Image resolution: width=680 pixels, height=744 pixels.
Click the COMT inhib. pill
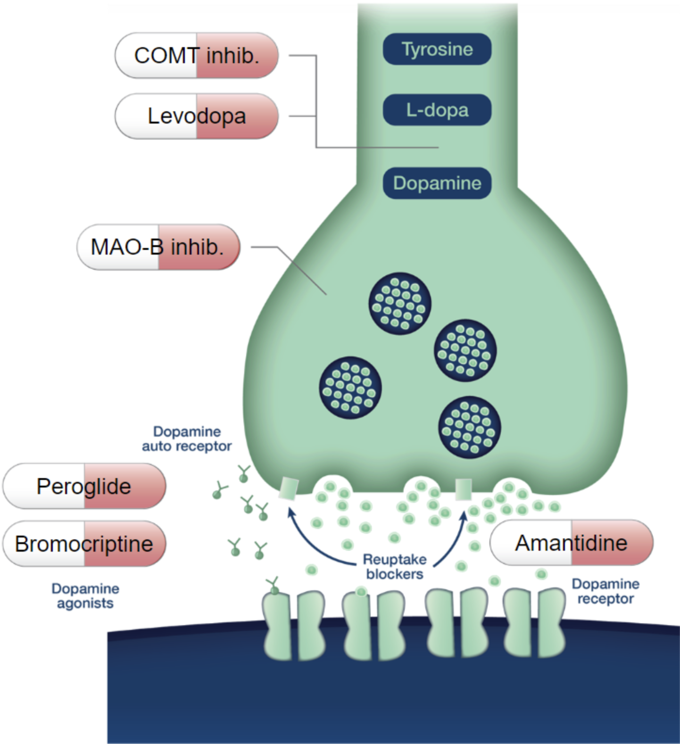pyautogui.click(x=197, y=56)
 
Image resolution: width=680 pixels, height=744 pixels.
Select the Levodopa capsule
pyautogui.click(x=197, y=116)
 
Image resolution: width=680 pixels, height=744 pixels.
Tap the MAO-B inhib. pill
pyautogui.click(x=158, y=247)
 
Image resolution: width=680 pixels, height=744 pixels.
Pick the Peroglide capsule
pyautogui.click(x=84, y=486)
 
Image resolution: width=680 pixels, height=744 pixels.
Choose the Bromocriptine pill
pyautogui.click(x=84, y=544)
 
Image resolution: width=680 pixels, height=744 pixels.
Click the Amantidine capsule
pyautogui.click(x=572, y=543)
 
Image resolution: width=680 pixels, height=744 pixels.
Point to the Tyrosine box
pyautogui.click(x=437, y=49)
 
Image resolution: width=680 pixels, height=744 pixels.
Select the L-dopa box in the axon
pyautogui.click(x=437, y=110)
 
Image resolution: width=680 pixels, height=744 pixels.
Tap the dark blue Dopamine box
pyautogui.click(x=437, y=183)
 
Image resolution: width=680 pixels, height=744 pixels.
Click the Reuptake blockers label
pyautogui.click(x=395, y=567)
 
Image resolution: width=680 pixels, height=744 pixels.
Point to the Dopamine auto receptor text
pyautogui.click(x=187, y=439)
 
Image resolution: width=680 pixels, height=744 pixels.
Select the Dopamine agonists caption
pyautogui.click(x=85, y=596)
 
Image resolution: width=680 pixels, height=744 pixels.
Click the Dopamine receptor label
pyautogui.click(x=605, y=591)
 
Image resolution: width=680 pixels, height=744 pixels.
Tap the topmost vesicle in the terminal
pyautogui.click(x=400, y=304)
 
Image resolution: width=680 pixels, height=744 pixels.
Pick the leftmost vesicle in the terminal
pyautogui.click(x=350, y=388)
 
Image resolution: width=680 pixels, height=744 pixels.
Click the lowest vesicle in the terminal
pyautogui.click(x=469, y=428)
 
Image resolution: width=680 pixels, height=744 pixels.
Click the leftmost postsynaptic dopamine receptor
pyautogui.click(x=293, y=625)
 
